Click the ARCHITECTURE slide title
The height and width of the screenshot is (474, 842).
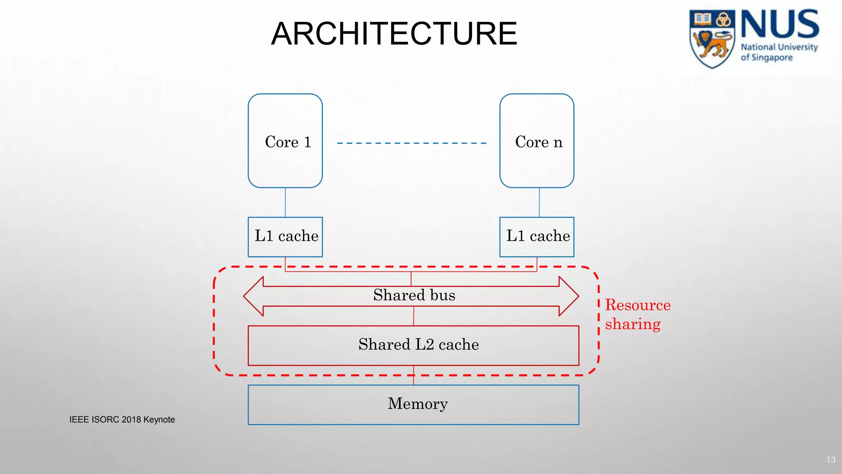click(394, 34)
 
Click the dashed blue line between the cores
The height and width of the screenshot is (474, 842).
click(411, 143)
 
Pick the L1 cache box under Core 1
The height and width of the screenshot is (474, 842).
click(285, 237)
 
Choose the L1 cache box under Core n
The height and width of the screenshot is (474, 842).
click(537, 237)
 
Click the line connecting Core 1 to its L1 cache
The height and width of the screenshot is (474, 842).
click(285, 202)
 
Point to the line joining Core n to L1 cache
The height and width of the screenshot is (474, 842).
click(539, 202)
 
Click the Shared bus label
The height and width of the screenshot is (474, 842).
click(414, 295)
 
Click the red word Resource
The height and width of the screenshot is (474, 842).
click(638, 305)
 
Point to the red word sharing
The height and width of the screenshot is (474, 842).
click(633, 324)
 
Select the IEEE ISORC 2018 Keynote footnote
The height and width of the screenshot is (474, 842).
click(122, 420)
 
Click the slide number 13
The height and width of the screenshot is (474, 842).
click(831, 460)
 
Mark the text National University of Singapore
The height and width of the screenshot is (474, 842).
click(779, 52)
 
